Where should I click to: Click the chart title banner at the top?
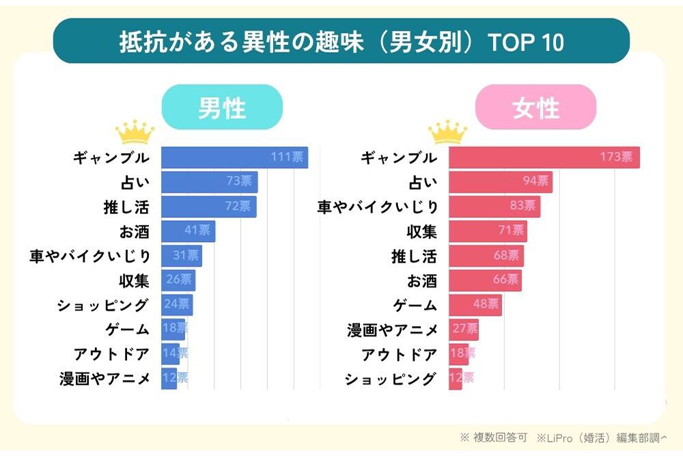click(341, 41)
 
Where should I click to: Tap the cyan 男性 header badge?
click(222, 107)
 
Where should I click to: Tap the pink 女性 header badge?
click(535, 107)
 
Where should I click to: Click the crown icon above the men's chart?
click(135, 132)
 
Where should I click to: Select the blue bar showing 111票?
click(234, 157)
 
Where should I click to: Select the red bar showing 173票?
click(544, 157)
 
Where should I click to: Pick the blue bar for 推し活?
click(208, 206)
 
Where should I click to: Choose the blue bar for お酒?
click(188, 231)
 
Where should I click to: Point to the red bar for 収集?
click(488, 231)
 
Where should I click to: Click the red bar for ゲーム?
click(475, 305)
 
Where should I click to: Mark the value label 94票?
click(535, 182)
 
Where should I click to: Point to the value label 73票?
click(239, 182)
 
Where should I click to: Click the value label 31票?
click(186, 256)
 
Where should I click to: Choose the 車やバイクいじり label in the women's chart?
click(377, 206)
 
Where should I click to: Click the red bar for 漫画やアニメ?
click(464, 330)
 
